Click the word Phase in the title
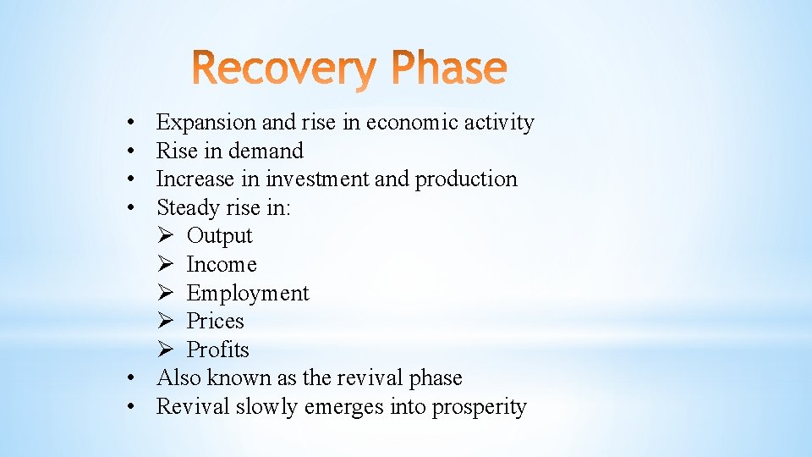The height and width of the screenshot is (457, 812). pos(446,70)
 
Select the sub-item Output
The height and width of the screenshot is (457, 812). pos(219,236)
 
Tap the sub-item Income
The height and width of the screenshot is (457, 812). pos(221,265)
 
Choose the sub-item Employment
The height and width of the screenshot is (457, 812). pos(248,294)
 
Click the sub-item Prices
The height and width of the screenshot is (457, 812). pos(215,322)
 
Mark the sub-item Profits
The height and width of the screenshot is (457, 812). pos(217,350)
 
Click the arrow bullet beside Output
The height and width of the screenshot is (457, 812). pos(166,236)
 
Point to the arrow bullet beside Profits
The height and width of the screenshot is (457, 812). pos(166,350)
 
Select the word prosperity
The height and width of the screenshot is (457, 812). pos(479,407)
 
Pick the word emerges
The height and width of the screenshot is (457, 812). pos(343,407)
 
